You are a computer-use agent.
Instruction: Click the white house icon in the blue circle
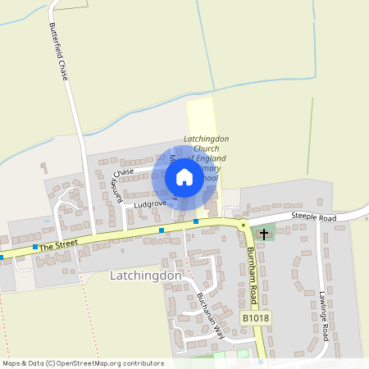click(184, 177)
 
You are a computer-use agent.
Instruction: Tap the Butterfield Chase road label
click(61, 48)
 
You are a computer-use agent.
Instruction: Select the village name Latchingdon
click(145, 276)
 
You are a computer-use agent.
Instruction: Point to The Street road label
click(57, 244)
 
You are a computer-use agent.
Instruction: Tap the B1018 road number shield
click(256, 317)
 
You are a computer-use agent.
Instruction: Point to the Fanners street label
click(116, 188)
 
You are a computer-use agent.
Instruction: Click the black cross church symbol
click(263, 235)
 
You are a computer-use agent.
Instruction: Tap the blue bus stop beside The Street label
click(34, 247)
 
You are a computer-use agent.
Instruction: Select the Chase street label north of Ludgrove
click(124, 172)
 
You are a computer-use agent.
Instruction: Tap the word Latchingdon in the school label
click(207, 139)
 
